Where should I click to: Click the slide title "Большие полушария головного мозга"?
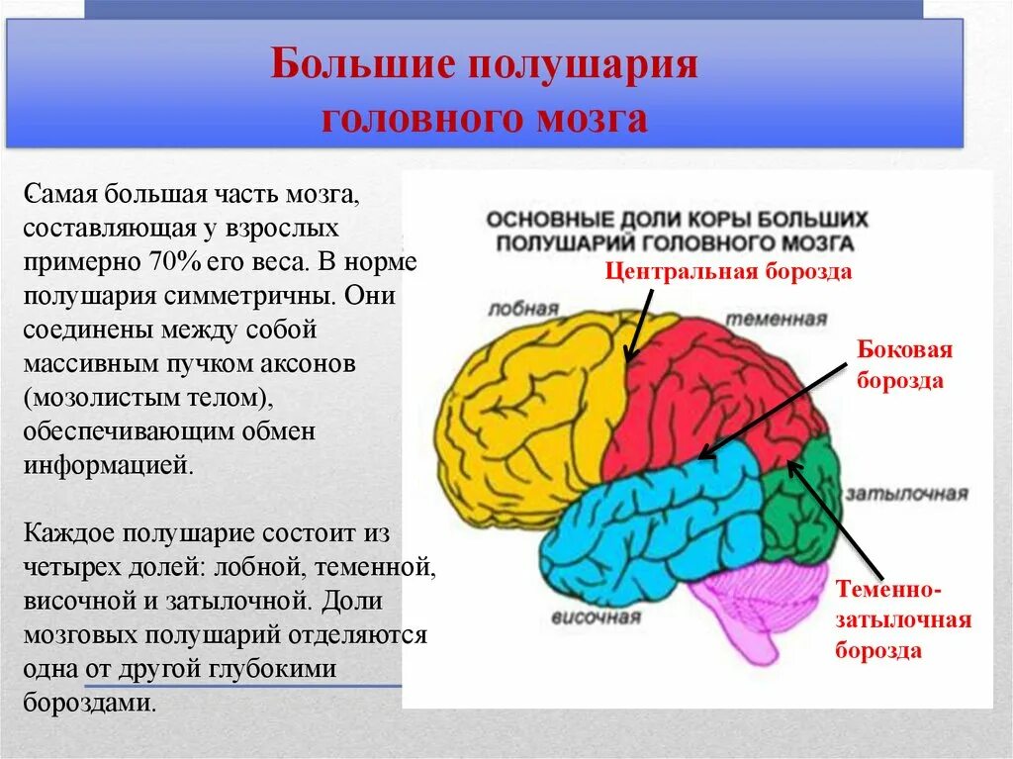point(485,92)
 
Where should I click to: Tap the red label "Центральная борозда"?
point(728,272)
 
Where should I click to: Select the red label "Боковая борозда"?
point(904,364)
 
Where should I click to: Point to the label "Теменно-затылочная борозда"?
point(903,619)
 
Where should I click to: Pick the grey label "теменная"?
point(778,319)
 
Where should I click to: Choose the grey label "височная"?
point(597,617)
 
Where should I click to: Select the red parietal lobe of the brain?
point(712,386)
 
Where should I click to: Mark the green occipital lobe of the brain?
point(801,505)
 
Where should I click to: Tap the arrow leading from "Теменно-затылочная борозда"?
point(816,520)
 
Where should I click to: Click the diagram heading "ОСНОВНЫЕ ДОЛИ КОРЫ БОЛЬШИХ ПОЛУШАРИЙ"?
point(677,230)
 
